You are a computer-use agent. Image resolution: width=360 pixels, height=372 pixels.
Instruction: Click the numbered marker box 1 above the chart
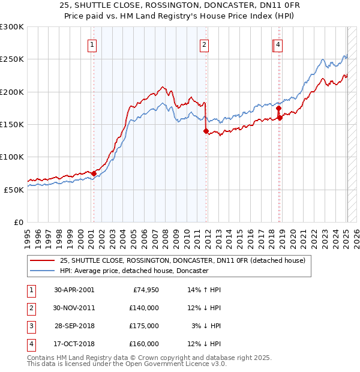pos(92,44)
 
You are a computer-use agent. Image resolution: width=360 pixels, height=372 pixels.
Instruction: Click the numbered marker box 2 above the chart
pos(205,44)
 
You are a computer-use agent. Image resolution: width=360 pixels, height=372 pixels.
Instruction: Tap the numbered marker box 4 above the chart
pos(280,44)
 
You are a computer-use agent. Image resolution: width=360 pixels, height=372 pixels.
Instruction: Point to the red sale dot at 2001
pos(94,173)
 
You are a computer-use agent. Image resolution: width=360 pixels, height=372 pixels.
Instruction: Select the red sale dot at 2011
pos(206,131)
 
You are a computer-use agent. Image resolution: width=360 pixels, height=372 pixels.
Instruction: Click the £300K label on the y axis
pos(11,27)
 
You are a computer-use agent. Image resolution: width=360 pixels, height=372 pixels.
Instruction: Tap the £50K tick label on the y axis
pos(14,190)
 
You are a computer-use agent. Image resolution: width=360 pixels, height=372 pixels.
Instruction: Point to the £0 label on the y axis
pos(19,222)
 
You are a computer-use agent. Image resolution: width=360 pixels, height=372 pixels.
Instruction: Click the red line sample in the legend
pos(43,260)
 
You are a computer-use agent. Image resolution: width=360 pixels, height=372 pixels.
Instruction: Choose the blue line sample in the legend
pos(43,271)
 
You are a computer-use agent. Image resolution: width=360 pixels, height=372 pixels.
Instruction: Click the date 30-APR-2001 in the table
pos(74,290)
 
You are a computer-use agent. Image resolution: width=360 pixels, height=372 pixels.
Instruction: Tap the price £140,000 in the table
pos(143,308)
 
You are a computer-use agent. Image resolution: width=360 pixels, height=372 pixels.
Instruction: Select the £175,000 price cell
pos(143,326)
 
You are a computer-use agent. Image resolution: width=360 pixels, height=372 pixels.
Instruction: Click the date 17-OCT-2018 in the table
pos(74,344)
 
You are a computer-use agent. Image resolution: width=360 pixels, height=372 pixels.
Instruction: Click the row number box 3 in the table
pos(31,326)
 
